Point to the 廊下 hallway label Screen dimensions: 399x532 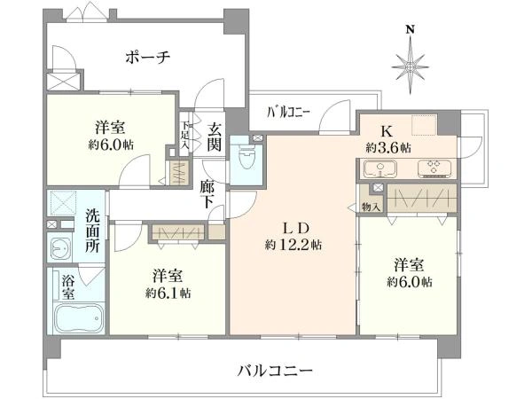coord(208,194)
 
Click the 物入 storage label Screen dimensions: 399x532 coord(371,206)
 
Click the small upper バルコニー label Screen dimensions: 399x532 coord(288,113)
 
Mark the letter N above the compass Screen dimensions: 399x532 coord(410,29)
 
